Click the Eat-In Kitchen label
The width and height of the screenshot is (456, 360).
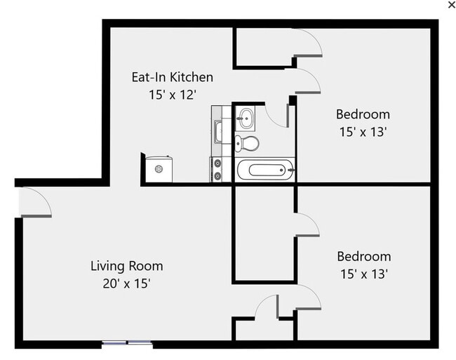pyautogui.click(x=172, y=77)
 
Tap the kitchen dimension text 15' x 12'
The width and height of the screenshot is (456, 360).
pyautogui.click(x=172, y=94)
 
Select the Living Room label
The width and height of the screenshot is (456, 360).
pyautogui.click(x=127, y=266)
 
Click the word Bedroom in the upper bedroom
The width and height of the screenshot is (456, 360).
pyautogui.click(x=363, y=114)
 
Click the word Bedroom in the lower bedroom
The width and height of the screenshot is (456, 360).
pyautogui.click(x=363, y=257)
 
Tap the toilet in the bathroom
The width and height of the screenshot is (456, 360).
pyautogui.click(x=248, y=144)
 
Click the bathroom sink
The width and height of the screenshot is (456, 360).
pyautogui.click(x=246, y=118)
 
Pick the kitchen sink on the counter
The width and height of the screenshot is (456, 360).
pyautogui.click(x=218, y=131)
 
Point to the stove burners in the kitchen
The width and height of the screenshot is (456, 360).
pyautogui.click(x=217, y=169)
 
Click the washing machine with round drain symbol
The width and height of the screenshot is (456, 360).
pyautogui.click(x=159, y=169)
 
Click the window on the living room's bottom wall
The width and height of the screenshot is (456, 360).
pyautogui.click(x=127, y=343)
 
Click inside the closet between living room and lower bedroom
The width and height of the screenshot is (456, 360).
pyautogui.click(x=263, y=235)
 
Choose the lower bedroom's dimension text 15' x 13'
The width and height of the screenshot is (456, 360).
pyautogui.click(x=363, y=274)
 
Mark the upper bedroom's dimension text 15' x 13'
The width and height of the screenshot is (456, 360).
pyautogui.click(x=363, y=131)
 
